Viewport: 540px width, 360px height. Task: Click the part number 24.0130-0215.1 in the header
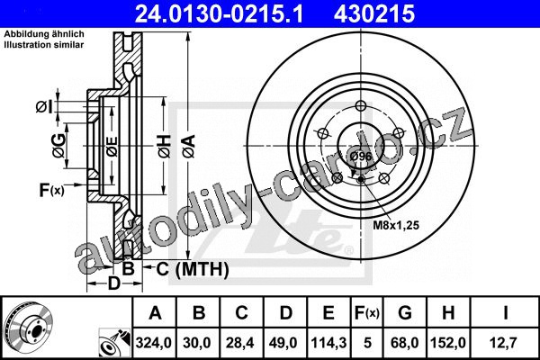point(219,14)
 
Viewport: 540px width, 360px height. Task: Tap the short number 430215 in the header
point(374,14)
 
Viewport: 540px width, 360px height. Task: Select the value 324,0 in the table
point(154,343)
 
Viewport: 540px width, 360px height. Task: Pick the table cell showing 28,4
point(240,343)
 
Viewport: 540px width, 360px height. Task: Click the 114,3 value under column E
point(328,343)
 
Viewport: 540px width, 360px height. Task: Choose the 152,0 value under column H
point(448,343)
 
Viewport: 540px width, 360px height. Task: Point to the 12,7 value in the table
point(504,343)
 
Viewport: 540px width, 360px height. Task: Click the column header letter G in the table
point(405,313)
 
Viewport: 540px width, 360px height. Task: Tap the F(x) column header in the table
point(367,313)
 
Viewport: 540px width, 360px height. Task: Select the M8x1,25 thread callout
point(396,225)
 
